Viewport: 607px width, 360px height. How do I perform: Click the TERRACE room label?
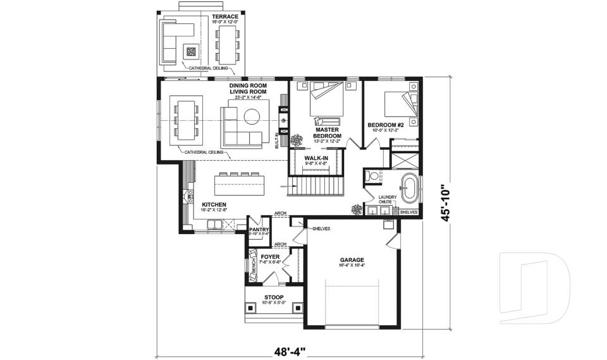(x=225, y=16)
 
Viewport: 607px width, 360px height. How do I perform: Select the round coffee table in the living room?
(x=252, y=115)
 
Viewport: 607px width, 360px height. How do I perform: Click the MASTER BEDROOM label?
(x=327, y=133)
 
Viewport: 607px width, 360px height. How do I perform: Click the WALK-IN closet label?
(x=316, y=158)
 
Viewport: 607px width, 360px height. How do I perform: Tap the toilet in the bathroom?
(x=372, y=177)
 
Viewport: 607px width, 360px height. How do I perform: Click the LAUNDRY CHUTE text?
(x=387, y=200)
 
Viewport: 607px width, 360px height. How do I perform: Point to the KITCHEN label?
(x=214, y=205)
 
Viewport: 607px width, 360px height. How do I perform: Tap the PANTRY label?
(x=259, y=230)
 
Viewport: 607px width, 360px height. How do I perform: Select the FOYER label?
(x=270, y=257)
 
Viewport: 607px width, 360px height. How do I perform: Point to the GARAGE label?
(x=352, y=260)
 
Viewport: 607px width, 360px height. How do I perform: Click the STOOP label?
(x=274, y=297)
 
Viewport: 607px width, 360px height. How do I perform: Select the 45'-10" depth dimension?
(x=446, y=202)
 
